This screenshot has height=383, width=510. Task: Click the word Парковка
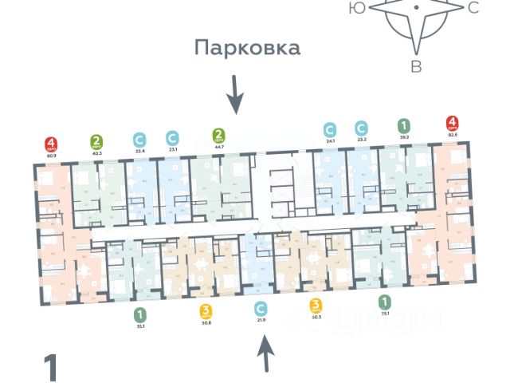click(248, 48)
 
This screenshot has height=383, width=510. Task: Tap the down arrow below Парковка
click(234, 94)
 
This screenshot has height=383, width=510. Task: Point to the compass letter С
click(473, 9)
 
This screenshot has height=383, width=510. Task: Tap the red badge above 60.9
click(50, 144)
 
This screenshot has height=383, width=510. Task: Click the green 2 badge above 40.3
click(96, 144)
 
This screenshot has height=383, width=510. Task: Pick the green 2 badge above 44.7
click(218, 135)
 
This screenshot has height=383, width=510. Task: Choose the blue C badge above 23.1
click(171, 137)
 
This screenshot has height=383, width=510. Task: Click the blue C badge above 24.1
click(329, 128)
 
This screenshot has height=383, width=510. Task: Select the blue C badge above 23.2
click(361, 128)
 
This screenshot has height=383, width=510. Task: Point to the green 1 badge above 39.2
click(405, 125)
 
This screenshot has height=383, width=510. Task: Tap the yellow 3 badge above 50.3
click(316, 304)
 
